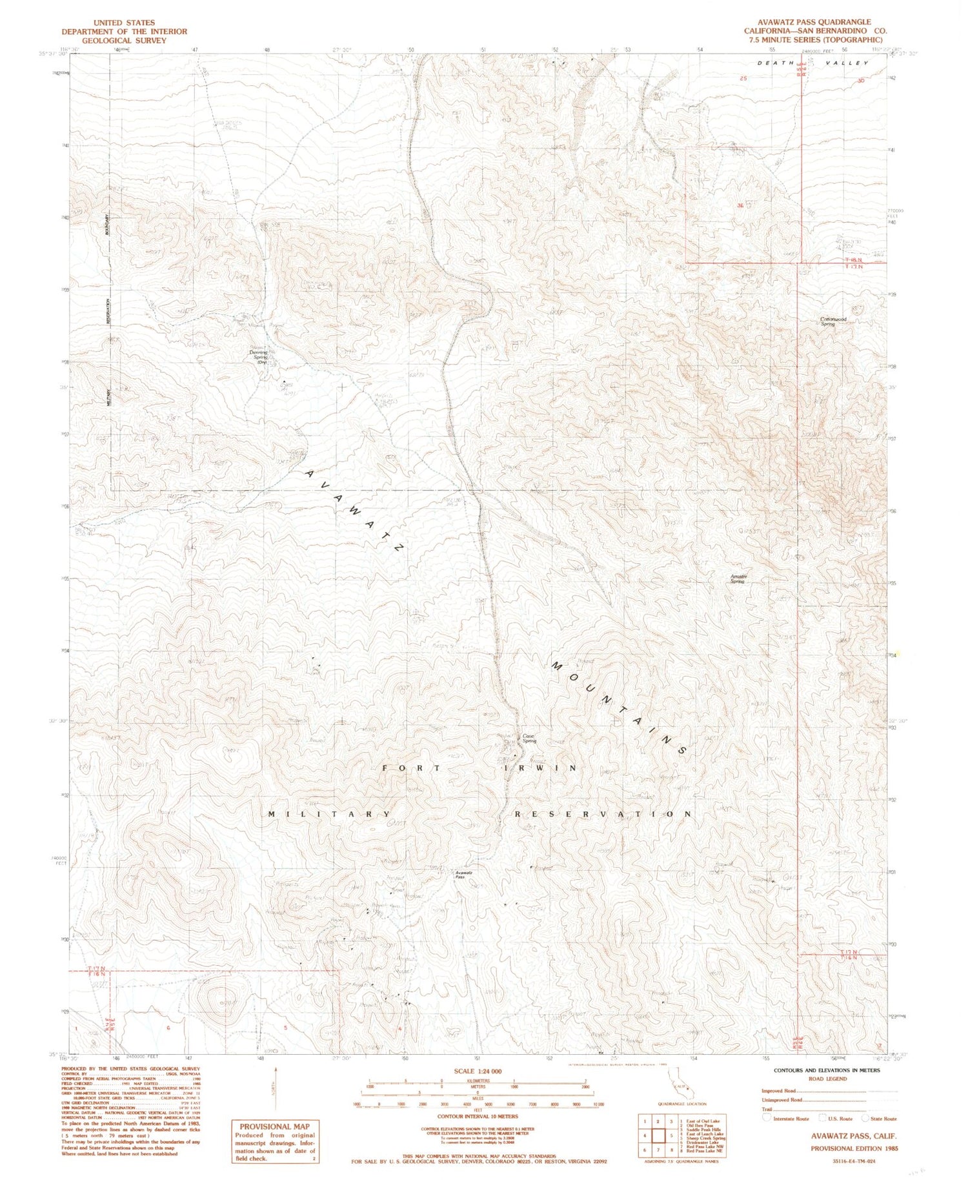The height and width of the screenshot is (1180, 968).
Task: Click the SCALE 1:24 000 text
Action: [478, 1071]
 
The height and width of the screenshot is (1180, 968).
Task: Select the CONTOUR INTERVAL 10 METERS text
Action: [478, 1115]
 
